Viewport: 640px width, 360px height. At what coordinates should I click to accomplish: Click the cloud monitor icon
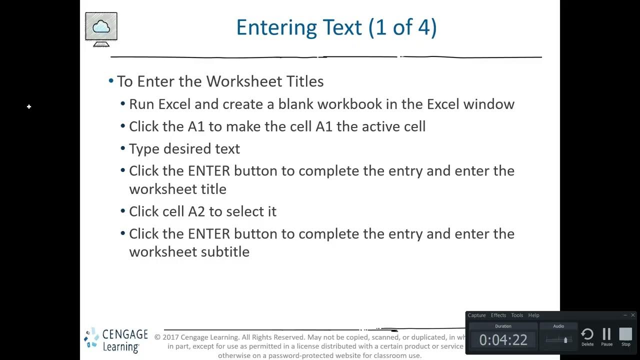101,29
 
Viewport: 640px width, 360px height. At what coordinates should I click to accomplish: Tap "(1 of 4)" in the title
402,27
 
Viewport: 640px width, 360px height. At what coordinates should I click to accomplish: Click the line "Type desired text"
184,149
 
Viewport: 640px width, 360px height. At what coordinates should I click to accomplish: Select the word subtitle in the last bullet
224,251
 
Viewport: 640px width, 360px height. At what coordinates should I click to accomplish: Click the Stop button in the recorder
625,336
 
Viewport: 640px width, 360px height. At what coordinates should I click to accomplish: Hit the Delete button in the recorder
587,336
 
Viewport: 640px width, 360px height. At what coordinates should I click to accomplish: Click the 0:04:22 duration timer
503,340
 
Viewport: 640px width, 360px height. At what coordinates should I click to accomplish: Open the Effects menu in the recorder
498,315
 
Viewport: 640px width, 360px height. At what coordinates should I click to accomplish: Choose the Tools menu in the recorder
517,315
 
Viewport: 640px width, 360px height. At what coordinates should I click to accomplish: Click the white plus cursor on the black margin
29,106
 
